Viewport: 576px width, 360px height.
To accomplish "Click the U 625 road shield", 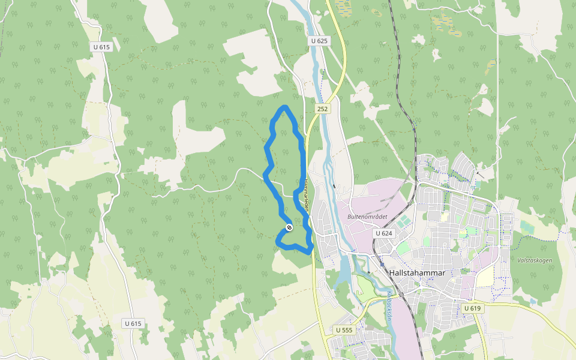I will click(x=320, y=41).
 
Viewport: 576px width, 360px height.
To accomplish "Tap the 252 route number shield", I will click(x=323, y=109).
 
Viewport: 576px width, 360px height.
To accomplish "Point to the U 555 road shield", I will click(x=344, y=330).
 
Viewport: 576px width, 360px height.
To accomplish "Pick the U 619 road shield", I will click(x=473, y=308).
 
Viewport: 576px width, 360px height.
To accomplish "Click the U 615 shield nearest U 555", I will click(x=133, y=323).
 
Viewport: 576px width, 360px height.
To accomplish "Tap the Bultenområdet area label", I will click(x=368, y=216).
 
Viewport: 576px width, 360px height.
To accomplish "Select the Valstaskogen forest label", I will click(x=534, y=260).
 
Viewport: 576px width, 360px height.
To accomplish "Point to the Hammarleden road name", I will click(x=305, y=193).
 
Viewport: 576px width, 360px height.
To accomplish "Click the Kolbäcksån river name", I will click(x=388, y=306).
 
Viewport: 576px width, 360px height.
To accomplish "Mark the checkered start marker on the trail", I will click(x=289, y=227).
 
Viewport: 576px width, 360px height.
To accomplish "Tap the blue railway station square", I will click(x=382, y=264).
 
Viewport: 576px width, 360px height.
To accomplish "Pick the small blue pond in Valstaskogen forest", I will click(x=533, y=301).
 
